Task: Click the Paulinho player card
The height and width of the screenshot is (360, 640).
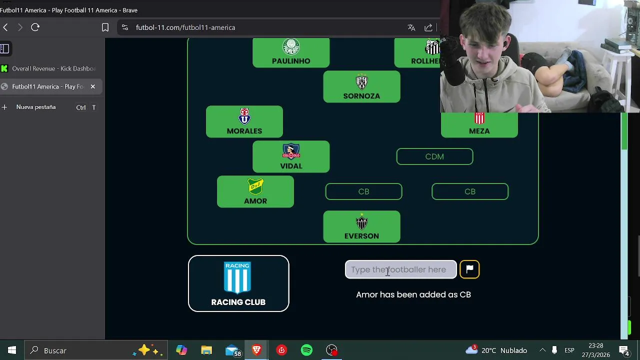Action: [291, 52]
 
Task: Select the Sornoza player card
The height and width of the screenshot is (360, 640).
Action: [361, 87]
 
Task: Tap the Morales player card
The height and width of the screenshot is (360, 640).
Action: [244, 122]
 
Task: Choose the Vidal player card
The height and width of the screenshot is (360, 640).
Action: [291, 157]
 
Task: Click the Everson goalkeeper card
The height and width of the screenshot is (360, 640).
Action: [361, 227]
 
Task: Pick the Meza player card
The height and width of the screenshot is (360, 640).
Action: [479, 125]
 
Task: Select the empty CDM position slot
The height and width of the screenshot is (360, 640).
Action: [434, 156]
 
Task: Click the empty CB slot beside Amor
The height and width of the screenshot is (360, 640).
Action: [363, 191]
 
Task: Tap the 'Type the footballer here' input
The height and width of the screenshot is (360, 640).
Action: [400, 269]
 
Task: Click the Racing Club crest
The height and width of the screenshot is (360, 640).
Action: [237, 277]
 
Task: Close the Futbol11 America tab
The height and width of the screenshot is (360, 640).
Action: [92, 86]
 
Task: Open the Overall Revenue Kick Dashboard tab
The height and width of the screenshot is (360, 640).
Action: [50, 68]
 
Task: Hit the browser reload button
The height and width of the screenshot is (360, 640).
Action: [35, 27]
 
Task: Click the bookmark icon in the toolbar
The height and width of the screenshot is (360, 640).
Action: [105, 27]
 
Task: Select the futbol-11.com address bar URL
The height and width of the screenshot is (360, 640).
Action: [185, 27]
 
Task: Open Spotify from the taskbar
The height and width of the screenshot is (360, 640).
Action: [306, 350]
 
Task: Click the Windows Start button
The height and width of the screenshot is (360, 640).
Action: [12, 350]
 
